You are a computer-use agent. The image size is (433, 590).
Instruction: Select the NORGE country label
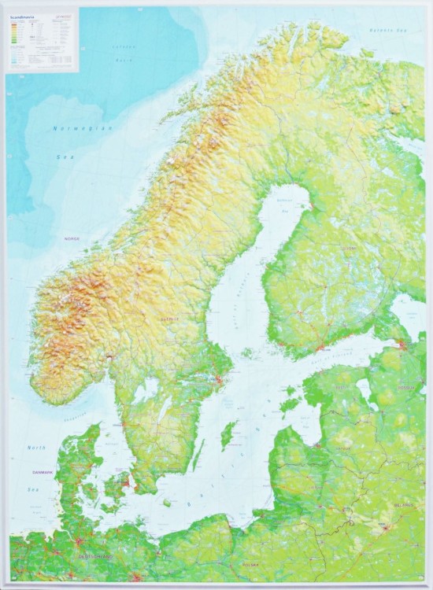pos(72,238)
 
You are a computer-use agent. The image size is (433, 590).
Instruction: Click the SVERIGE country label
pos(168,319)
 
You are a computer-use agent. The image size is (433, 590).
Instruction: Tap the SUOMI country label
pos(349,249)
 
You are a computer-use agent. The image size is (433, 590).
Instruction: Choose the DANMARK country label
pos(43,471)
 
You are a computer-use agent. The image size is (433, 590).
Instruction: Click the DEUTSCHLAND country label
pos(93,557)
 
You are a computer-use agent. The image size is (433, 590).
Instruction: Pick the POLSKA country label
pos(250,565)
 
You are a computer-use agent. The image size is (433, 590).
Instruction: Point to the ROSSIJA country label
pos(408,387)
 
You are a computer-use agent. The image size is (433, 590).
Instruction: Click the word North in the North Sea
pos(37,447)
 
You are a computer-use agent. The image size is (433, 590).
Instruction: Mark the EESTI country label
pos(342,387)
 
